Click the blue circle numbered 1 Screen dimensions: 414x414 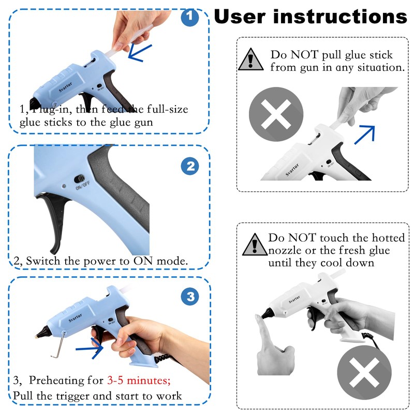[190, 18]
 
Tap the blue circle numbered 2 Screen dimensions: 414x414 [190, 166]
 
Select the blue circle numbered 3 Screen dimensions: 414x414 [190, 296]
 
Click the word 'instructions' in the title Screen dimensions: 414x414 [341, 17]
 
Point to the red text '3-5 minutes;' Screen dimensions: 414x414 [139, 380]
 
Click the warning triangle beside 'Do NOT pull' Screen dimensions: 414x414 [250, 60]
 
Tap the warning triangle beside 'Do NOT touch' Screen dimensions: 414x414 [255, 244]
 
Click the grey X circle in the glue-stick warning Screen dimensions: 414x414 [276, 114]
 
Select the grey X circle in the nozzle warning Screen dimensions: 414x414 [364, 372]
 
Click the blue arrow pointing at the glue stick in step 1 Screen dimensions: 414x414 [140, 53]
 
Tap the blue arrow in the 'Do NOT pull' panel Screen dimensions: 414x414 [365, 135]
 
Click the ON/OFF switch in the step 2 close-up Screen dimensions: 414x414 [79, 179]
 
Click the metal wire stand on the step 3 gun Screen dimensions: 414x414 [58, 345]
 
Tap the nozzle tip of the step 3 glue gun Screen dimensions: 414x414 [36, 336]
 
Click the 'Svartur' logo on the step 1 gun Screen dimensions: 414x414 [66, 87]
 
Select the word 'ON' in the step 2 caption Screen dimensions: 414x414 [143, 261]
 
